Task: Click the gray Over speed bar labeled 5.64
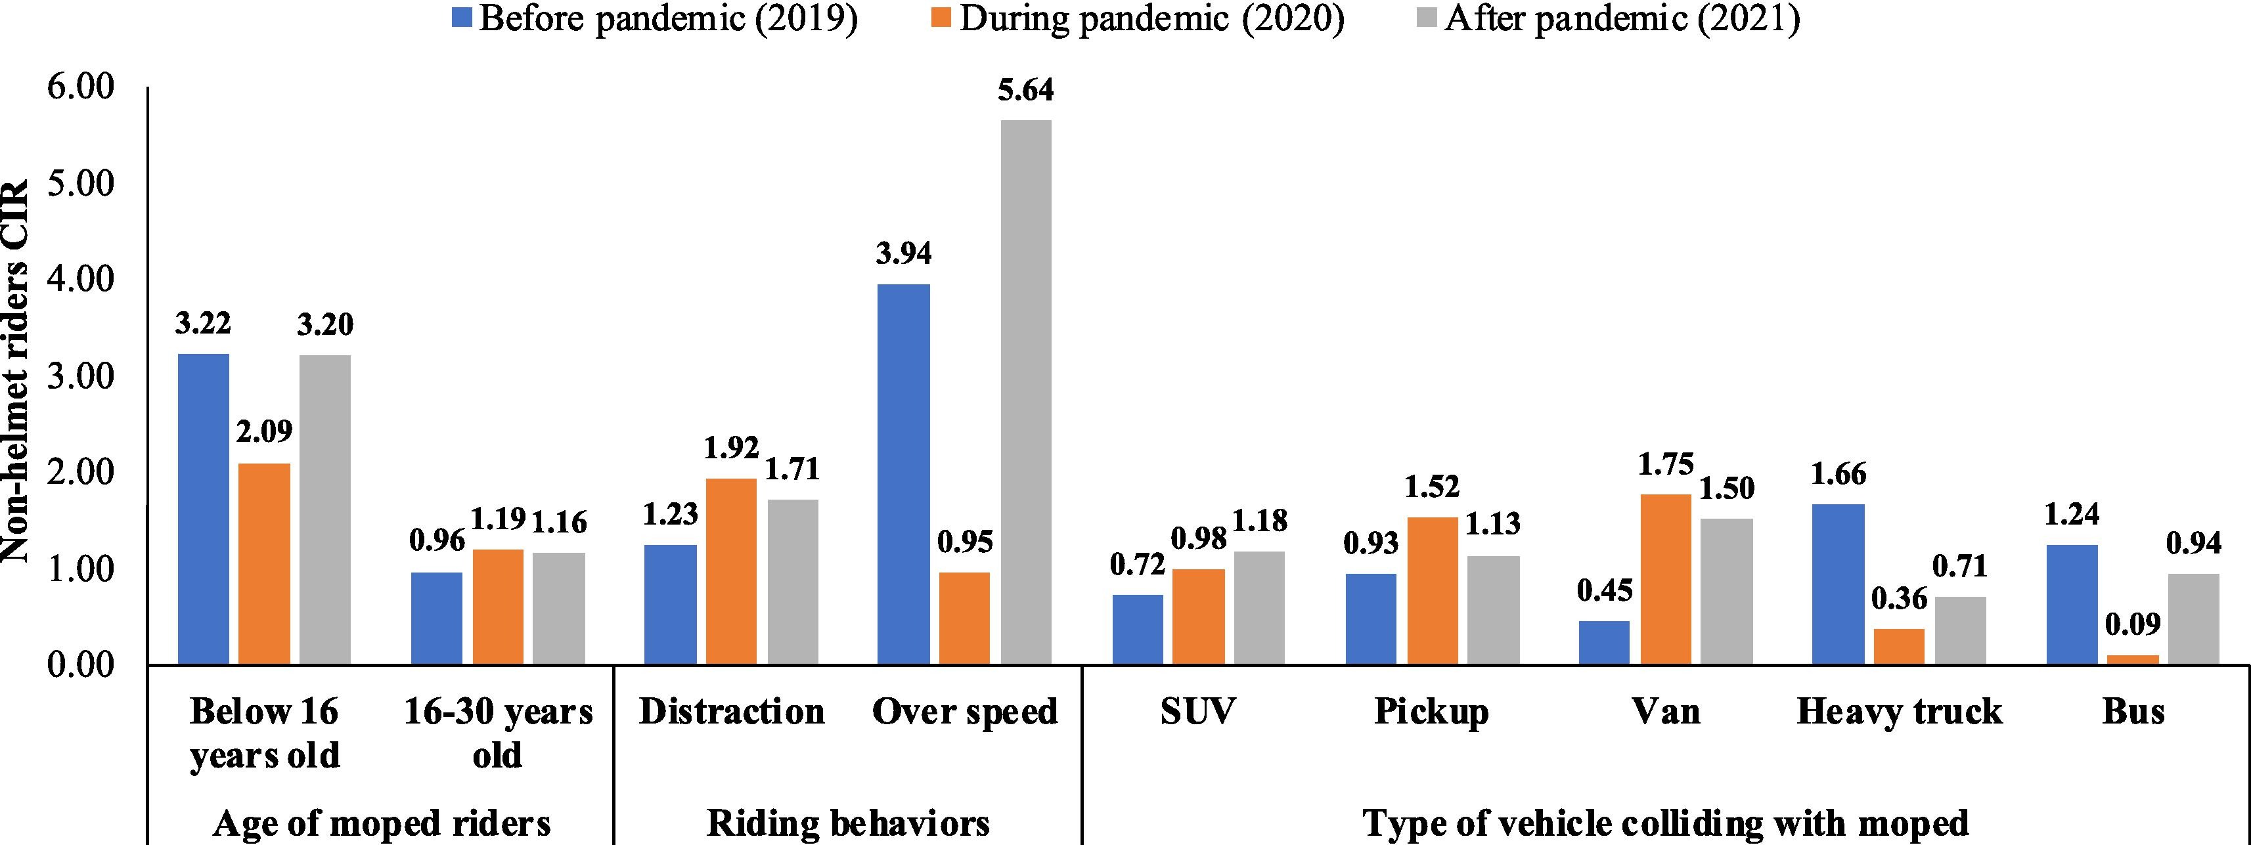1026,393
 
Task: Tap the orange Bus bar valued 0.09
2132,660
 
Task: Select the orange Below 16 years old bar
265,563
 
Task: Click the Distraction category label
732,711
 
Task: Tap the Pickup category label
1431,711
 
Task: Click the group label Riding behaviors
847,822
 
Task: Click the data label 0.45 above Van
1605,592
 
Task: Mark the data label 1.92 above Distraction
732,448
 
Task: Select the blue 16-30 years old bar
436,618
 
